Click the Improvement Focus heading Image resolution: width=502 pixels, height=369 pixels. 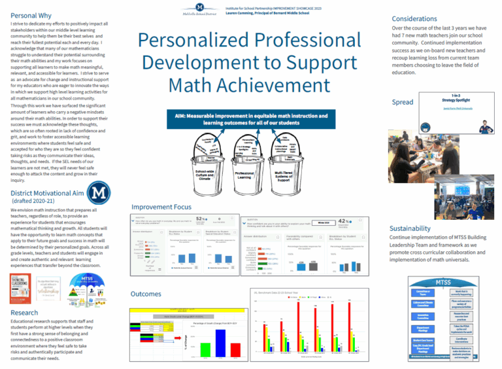click(x=161, y=207)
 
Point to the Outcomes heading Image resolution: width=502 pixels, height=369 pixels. click(x=147, y=294)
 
